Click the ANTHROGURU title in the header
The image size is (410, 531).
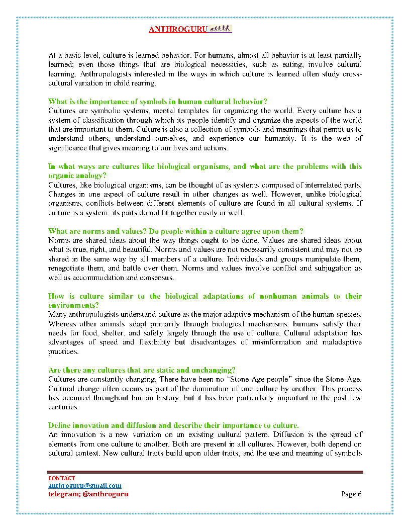(x=178, y=30)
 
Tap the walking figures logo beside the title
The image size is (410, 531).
(x=220, y=29)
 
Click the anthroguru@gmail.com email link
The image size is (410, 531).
(x=84, y=486)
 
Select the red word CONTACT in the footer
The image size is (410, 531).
(x=61, y=478)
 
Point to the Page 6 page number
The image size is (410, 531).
(x=351, y=494)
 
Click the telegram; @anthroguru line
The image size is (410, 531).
(x=88, y=494)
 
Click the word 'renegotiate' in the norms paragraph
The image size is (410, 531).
(x=67, y=269)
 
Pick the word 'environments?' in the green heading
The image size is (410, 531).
(x=73, y=305)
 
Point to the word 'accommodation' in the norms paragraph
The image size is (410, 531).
(x=95, y=278)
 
